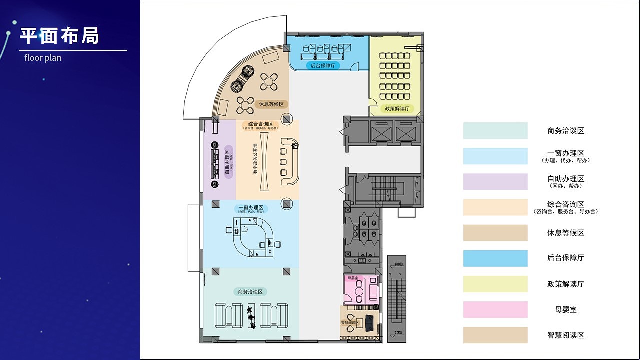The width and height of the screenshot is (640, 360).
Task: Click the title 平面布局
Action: coord(60,36)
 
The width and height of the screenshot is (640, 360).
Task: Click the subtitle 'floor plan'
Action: coord(43,58)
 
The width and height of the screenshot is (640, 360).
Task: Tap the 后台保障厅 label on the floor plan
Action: coord(322,65)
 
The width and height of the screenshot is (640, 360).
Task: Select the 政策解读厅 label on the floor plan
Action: coord(397,108)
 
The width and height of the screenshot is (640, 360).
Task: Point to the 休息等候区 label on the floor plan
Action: coord(271,104)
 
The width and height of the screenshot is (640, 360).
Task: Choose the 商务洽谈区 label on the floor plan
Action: coord(251,292)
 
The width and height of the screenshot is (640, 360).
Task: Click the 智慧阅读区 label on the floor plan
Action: coord(350,323)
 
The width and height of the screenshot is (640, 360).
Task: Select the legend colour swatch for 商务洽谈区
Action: coord(495,131)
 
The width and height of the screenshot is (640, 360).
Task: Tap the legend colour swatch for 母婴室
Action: coord(495,309)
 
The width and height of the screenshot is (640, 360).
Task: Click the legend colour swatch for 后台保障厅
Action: coord(495,258)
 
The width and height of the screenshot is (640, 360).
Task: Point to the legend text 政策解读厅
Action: coord(565,284)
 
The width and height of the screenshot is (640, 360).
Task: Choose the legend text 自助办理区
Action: coord(565,179)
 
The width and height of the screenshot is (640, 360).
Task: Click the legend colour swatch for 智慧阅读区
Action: coord(495,335)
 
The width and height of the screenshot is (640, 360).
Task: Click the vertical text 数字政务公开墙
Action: coord(255,159)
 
